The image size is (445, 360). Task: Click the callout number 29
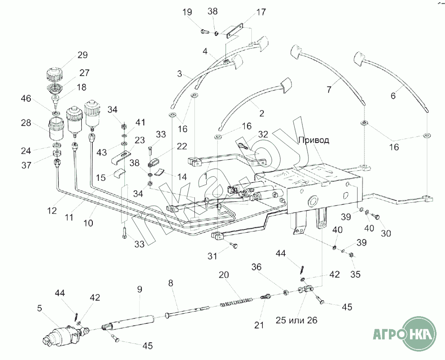tap(82, 55)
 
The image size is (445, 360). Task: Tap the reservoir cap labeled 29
tap(54, 74)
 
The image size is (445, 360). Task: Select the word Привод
tap(314, 141)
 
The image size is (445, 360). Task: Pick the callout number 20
tap(224, 274)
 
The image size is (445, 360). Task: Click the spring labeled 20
tap(236, 302)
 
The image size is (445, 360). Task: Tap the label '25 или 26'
tap(296, 320)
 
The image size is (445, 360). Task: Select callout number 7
tap(329, 90)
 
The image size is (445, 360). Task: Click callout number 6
tap(393, 96)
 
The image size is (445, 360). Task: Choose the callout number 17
tap(261, 12)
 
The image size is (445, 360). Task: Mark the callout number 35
tap(355, 274)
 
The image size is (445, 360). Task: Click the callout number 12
tap(51, 210)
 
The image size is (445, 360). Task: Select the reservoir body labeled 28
tap(57, 129)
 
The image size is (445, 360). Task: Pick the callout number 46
tap(26, 99)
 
